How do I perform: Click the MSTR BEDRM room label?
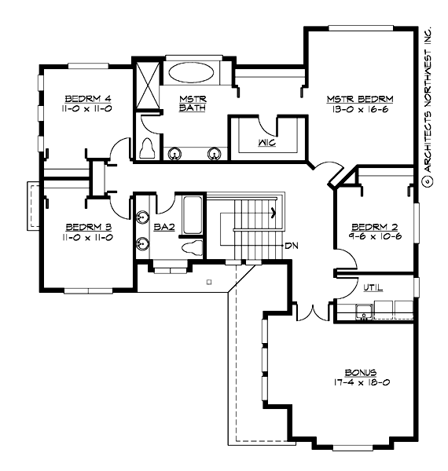point(360,99)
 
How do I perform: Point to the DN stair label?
point(292,246)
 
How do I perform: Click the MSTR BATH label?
point(192,104)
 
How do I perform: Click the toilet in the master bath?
point(147,148)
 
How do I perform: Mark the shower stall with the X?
point(146,82)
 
